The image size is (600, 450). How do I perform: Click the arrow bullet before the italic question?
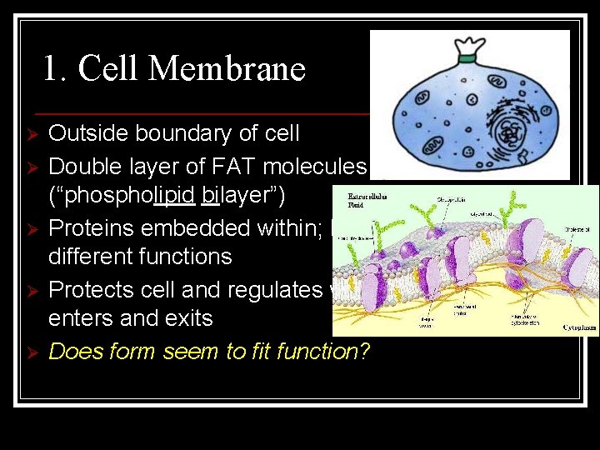tap(30, 352)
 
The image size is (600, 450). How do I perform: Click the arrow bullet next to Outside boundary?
tap(30, 134)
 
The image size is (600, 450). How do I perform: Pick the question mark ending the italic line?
tap(364, 351)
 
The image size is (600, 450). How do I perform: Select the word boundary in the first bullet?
tap(186, 133)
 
